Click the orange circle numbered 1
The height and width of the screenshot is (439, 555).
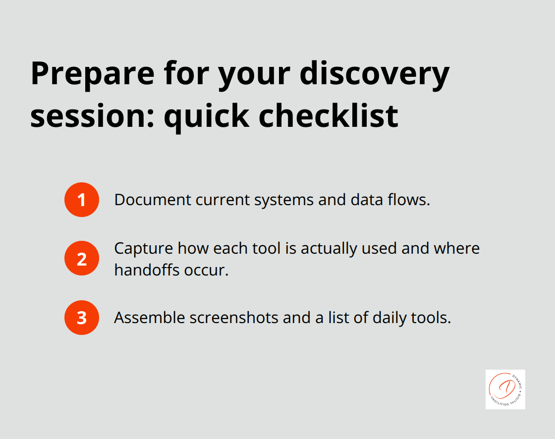pos(82,200)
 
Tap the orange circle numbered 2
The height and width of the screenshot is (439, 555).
pos(82,259)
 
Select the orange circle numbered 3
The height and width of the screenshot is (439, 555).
pos(82,318)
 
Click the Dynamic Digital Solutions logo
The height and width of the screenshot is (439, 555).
pos(505,389)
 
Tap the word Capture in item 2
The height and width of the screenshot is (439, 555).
pos(143,248)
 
